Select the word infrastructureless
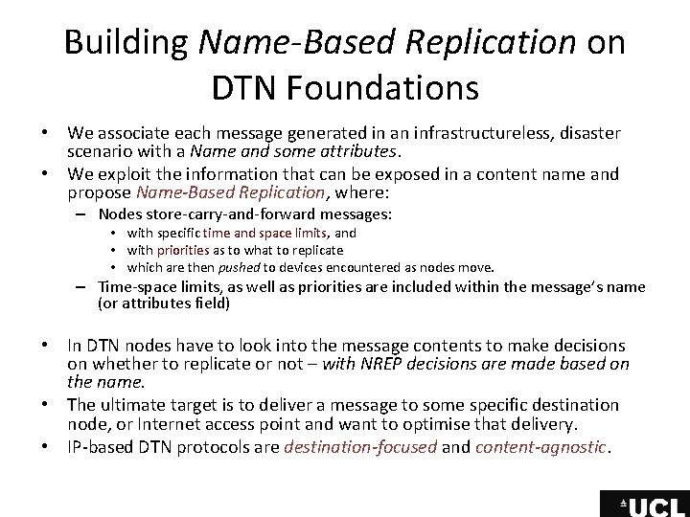(x=457, y=131)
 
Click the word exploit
(x=131, y=174)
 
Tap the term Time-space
(x=131, y=287)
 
